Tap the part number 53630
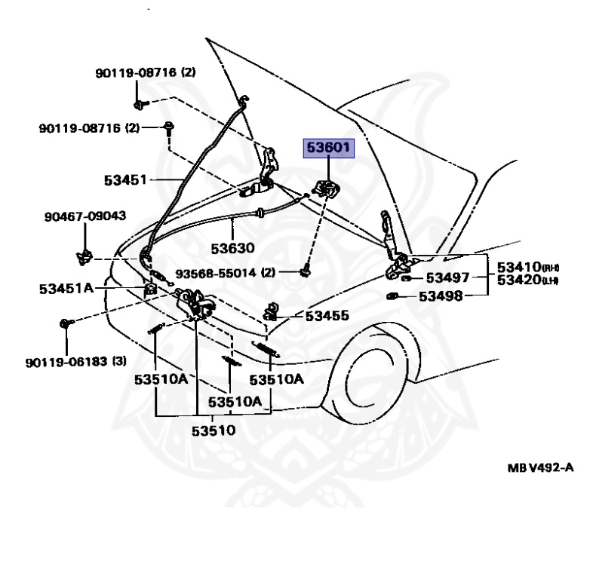point(232,247)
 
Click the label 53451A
point(67,287)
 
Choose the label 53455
point(327,315)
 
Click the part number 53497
point(450,277)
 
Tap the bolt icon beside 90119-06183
point(65,323)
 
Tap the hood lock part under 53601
point(325,189)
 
